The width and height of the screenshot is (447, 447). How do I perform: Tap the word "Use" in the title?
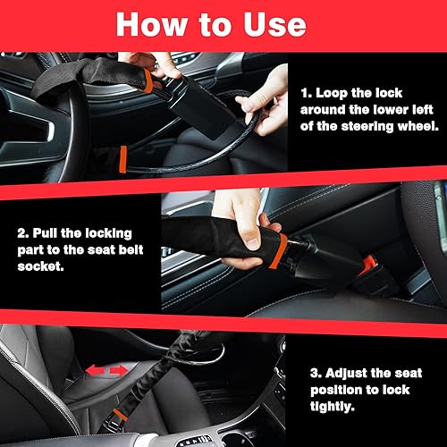(x=292, y=24)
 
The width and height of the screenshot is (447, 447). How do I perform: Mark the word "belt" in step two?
(x=134, y=248)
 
